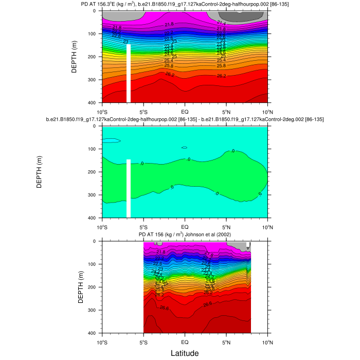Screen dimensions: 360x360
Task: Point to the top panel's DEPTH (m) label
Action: click(75, 57)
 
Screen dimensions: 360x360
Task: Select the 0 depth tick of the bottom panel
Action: click(96, 241)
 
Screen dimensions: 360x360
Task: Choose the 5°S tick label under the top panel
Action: click(143, 111)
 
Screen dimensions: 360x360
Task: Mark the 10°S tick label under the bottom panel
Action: click(102, 341)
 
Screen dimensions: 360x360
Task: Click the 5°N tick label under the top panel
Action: click(226, 111)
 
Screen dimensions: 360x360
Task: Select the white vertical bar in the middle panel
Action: click(129, 188)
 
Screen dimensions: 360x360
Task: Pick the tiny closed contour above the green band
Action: click(184, 148)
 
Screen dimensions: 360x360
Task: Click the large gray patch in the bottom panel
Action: click(238, 247)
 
